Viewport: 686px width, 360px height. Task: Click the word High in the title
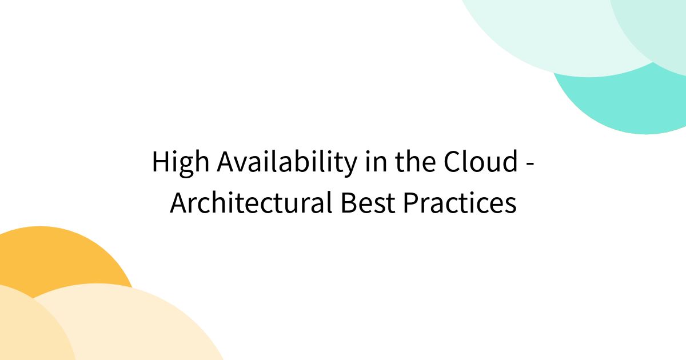(x=180, y=163)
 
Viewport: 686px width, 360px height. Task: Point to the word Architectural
(x=251, y=203)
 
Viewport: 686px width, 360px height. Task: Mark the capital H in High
(x=161, y=163)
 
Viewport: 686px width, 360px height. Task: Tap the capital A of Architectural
(x=178, y=203)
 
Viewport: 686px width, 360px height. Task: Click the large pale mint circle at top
(x=549, y=34)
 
